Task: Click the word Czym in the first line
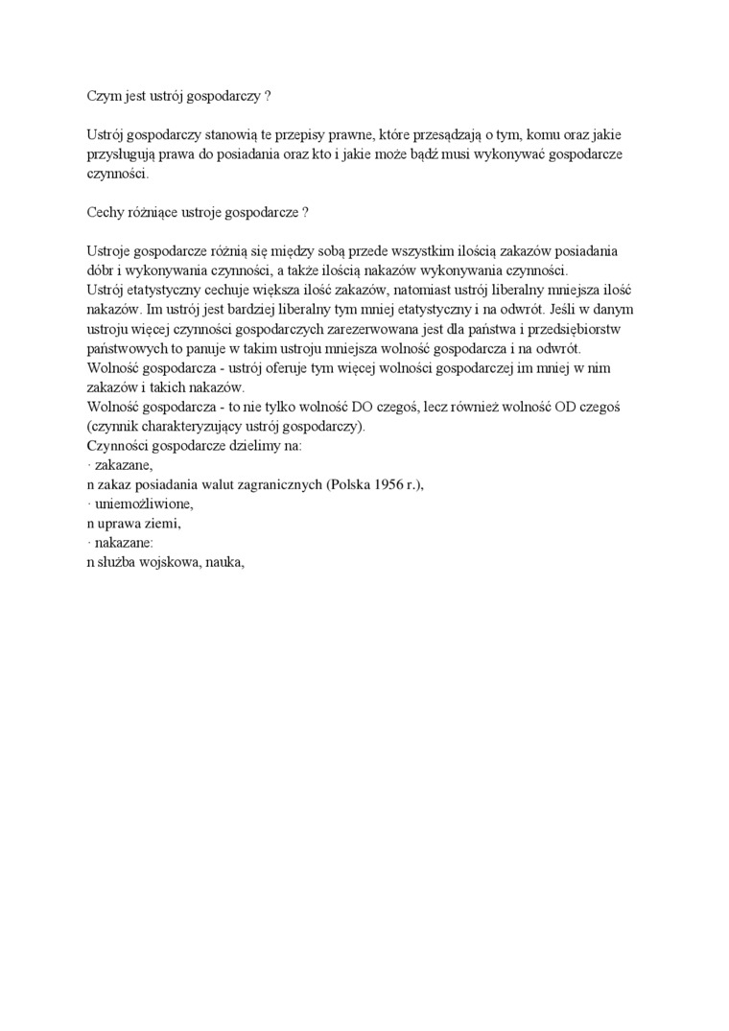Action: point(102,97)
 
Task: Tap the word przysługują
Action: point(120,155)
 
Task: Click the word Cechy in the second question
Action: point(105,212)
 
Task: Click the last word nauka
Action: point(225,563)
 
